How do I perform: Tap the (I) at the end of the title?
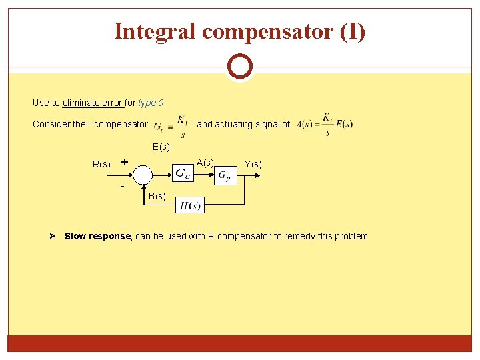[x=351, y=31]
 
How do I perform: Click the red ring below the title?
[x=239, y=67]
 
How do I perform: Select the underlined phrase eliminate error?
[x=92, y=103]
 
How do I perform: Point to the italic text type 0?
[x=151, y=103]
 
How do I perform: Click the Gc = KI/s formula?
[x=171, y=124]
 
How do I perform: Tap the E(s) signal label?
[x=161, y=147]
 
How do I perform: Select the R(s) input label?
[x=101, y=164]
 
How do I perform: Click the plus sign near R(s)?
[x=124, y=161]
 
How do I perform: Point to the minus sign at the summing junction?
[x=123, y=186]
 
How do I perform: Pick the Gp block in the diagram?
[x=225, y=175]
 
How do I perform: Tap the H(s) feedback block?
[x=191, y=205]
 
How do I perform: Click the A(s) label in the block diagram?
[x=205, y=163]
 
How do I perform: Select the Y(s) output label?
[x=253, y=164]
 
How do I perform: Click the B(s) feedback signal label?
[x=157, y=196]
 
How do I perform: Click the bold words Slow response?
[x=99, y=236]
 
